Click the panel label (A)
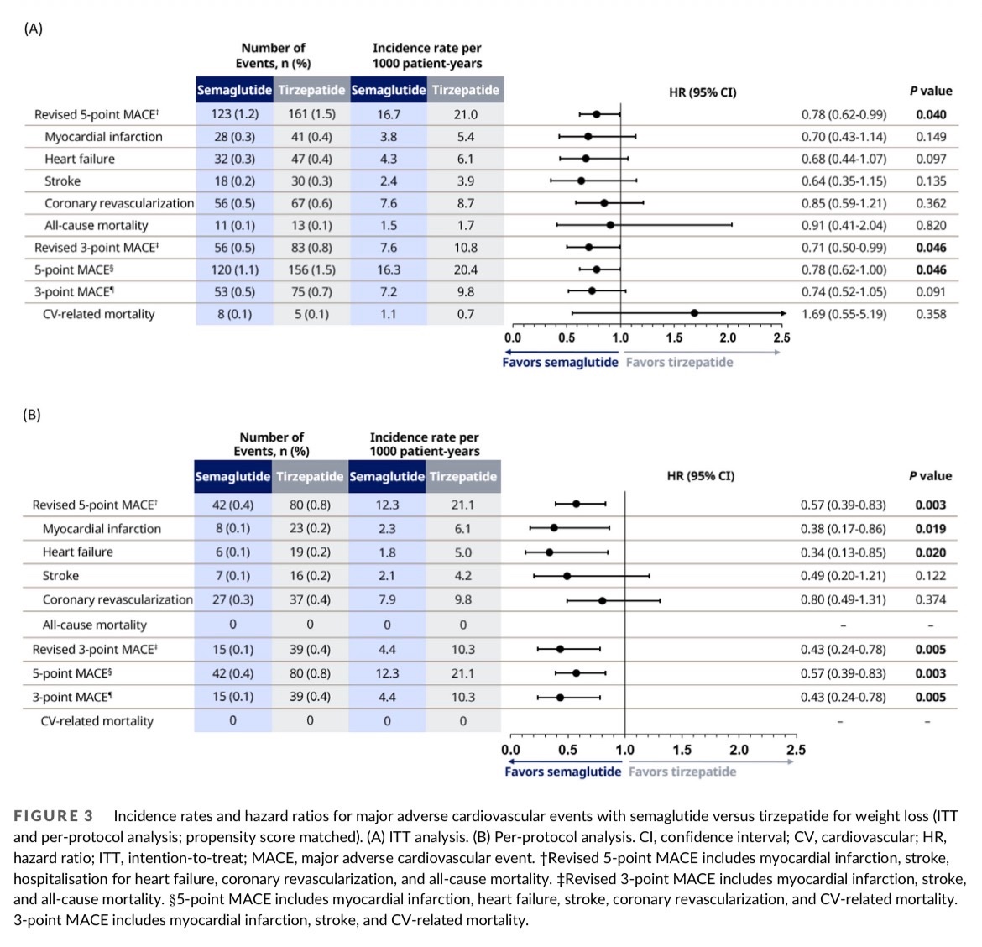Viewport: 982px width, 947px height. click(33, 29)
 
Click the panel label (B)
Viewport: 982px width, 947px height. click(32, 415)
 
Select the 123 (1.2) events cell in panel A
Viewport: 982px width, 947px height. click(234, 114)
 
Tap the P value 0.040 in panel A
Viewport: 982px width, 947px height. click(931, 114)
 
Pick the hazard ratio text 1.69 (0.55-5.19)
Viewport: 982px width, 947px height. click(844, 314)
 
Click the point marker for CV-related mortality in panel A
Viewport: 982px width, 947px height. click(694, 313)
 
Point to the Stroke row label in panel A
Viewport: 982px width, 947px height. click(63, 181)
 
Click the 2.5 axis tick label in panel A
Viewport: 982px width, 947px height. click(781, 337)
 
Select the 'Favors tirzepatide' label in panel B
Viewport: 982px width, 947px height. click(682, 772)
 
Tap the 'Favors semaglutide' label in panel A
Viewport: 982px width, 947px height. click(560, 362)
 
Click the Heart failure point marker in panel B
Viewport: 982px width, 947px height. click(549, 552)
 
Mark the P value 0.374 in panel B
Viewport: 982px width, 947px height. click(930, 599)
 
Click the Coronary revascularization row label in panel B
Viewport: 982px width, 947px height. click(118, 599)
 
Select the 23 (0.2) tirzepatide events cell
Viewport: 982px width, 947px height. click(310, 529)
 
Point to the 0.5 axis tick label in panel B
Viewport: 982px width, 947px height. click(567, 750)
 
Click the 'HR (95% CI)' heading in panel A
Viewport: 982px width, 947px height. click(703, 92)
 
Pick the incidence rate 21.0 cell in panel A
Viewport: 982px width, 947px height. click(465, 114)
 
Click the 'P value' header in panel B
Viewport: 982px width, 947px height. click(930, 476)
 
